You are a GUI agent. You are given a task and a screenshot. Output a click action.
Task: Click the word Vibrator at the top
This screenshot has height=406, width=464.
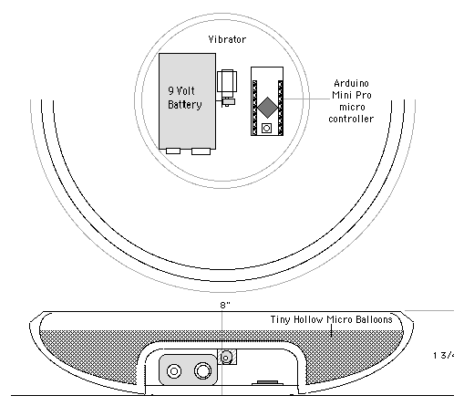pyautogui.click(x=227, y=39)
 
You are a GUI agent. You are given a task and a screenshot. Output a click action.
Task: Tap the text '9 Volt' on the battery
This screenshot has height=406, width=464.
pyautogui.click(x=181, y=90)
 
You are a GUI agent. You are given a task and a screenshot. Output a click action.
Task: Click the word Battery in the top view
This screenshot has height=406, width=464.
pyautogui.click(x=185, y=105)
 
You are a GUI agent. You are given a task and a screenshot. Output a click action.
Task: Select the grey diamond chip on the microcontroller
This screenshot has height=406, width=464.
pyautogui.click(x=267, y=108)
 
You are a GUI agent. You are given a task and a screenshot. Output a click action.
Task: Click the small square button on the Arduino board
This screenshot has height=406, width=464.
pyautogui.click(x=266, y=128)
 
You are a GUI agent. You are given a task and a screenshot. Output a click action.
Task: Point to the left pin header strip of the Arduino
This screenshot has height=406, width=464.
pyautogui.click(x=254, y=108)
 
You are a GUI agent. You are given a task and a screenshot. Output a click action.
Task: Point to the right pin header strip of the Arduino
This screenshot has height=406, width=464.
pyautogui.click(x=281, y=108)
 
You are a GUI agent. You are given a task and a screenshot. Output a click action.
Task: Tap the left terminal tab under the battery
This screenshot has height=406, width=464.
pyautogui.click(x=173, y=151)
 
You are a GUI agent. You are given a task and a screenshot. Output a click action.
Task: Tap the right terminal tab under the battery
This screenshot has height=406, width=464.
pyautogui.click(x=201, y=151)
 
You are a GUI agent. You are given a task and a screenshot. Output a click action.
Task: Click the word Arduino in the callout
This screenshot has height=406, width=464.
pyautogui.click(x=351, y=83)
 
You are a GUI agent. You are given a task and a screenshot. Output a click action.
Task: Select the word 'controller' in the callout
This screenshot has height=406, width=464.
pyautogui.click(x=351, y=119)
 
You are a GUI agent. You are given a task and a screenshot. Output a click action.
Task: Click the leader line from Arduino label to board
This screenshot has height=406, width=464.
pyautogui.click(x=306, y=99)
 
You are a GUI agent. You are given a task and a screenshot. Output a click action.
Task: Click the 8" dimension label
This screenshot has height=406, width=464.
pyautogui.click(x=225, y=305)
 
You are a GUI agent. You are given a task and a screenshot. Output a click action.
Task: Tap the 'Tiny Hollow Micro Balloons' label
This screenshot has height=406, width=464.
pyautogui.click(x=332, y=319)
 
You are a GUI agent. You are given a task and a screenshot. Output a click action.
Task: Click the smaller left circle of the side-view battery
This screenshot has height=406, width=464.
pyautogui.click(x=174, y=371)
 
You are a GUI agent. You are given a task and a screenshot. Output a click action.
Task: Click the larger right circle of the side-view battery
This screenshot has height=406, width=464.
pyautogui.click(x=202, y=370)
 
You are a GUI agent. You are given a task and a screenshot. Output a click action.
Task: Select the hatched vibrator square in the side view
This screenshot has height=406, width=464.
pyautogui.click(x=227, y=357)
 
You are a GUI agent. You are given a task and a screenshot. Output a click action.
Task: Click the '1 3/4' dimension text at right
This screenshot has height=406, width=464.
pyautogui.click(x=444, y=355)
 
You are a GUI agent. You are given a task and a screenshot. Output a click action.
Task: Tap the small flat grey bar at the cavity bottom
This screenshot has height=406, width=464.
pyautogui.click(x=267, y=382)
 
